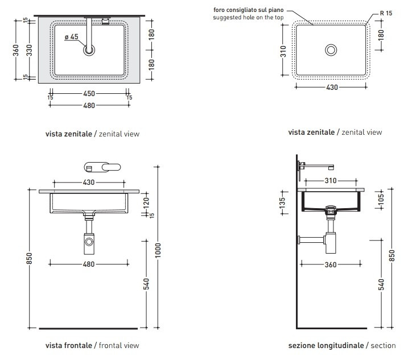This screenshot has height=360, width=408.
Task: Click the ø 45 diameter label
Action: pyautogui.click(x=71, y=36)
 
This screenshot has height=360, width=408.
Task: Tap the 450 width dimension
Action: pyautogui.click(x=89, y=93)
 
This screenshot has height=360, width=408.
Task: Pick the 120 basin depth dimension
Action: pyautogui.click(x=145, y=202)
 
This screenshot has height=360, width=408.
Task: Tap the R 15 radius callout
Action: pyautogui.click(x=385, y=12)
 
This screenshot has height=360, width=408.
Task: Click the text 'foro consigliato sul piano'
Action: pyautogui.click(x=248, y=10)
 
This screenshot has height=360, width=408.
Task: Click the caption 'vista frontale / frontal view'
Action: pyautogui.click(x=92, y=345)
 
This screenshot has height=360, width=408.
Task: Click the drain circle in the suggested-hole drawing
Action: pyautogui.click(x=331, y=50)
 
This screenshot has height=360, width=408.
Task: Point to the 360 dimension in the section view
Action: pyautogui.click(x=331, y=264)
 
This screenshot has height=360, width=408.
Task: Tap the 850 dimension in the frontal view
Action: pyautogui.click(x=30, y=258)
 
